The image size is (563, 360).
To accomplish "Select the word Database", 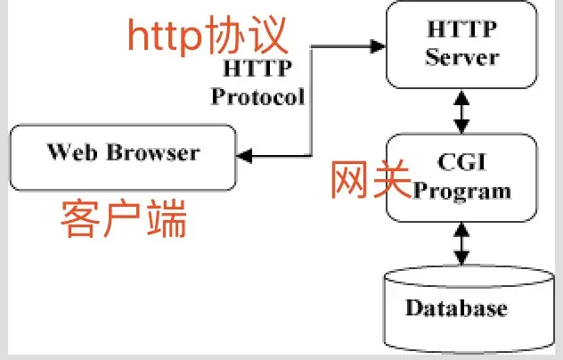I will point(457,309).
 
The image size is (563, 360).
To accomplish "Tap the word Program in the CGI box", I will point(463,190).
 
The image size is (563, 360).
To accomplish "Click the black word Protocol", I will point(258,95).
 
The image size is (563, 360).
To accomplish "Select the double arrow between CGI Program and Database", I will point(461,242).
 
